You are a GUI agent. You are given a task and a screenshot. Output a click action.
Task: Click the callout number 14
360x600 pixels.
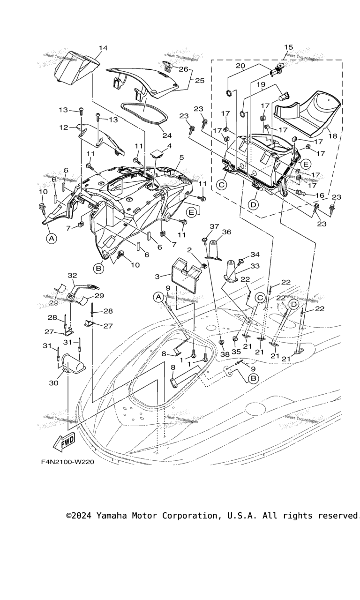click(x=103, y=48)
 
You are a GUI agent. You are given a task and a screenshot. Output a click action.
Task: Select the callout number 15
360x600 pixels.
click(x=288, y=47)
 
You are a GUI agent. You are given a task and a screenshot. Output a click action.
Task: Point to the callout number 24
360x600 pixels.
click(x=167, y=136)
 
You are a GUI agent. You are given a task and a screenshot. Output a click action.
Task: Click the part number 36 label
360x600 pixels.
click(x=226, y=232)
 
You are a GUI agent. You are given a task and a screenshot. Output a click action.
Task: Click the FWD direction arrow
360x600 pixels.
click(x=65, y=441)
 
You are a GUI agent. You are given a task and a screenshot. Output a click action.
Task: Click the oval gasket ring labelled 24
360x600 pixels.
click(x=141, y=112)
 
